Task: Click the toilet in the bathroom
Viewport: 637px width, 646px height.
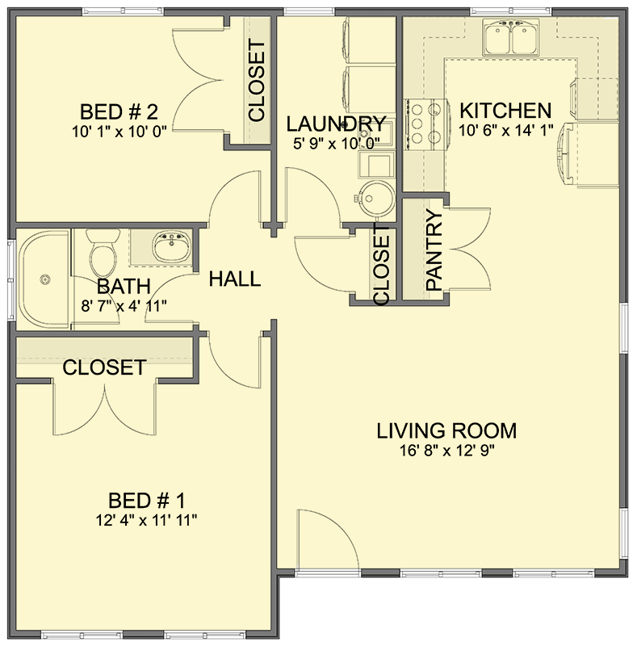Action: pyautogui.click(x=103, y=254)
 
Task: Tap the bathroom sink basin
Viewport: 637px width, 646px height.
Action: pyautogui.click(x=170, y=246)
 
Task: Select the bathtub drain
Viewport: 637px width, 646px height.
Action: pyautogui.click(x=46, y=279)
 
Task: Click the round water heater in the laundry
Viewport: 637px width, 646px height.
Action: pyautogui.click(x=374, y=195)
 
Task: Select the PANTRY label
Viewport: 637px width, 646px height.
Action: pyautogui.click(x=434, y=250)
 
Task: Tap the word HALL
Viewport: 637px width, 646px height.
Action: pyautogui.click(x=235, y=279)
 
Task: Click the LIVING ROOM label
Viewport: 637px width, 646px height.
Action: pyautogui.click(x=446, y=430)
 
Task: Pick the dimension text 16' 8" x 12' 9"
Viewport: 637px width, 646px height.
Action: pyautogui.click(x=446, y=451)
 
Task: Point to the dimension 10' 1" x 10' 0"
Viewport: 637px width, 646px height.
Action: pyautogui.click(x=123, y=131)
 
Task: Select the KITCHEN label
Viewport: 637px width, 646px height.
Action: pyautogui.click(x=505, y=111)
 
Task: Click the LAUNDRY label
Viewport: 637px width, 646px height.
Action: pyautogui.click(x=336, y=124)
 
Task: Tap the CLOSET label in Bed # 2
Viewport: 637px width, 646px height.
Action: pyautogui.click(x=257, y=81)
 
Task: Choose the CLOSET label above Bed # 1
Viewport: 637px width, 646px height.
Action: pyautogui.click(x=104, y=367)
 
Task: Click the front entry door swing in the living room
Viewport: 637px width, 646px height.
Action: pyautogui.click(x=323, y=541)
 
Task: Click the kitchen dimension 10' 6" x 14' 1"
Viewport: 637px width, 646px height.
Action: pyautogui.click(x=505, y=131)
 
